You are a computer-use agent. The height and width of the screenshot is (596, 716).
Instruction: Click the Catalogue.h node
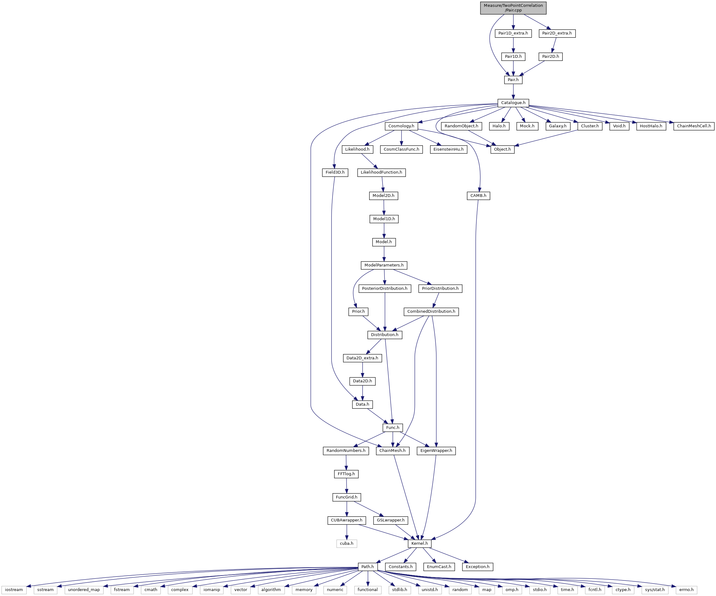(513, 103)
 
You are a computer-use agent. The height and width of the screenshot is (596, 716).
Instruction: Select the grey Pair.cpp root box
(513, 8)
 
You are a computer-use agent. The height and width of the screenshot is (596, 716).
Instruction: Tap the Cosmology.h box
(401, 126)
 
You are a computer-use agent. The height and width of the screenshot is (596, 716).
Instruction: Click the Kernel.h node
(419, 544)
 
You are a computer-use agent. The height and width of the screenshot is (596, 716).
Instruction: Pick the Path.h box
(368, 567)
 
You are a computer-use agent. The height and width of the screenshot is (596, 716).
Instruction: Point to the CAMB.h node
(478, 196)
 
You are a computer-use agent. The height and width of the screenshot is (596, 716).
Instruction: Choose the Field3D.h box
(335, 172)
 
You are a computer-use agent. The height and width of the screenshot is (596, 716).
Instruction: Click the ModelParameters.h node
(384, 265)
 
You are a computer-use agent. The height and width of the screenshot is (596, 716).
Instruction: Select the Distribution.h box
(385, 334)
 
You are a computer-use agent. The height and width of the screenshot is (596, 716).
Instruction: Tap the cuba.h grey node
(347, 544)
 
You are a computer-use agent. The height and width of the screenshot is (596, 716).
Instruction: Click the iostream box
(14, 590)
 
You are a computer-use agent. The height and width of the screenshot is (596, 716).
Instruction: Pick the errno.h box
(686, 590)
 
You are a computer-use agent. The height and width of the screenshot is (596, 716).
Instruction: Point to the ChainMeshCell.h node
(694, 126)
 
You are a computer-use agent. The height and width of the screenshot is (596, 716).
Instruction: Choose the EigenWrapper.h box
(436, 450)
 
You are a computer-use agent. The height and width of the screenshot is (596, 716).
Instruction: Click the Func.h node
(393, 427)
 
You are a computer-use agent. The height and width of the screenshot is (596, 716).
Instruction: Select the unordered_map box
(84, 590)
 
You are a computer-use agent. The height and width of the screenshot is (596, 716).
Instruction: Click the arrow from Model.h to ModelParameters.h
(384, 253)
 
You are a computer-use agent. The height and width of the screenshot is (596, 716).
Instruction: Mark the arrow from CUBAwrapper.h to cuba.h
(347, 532)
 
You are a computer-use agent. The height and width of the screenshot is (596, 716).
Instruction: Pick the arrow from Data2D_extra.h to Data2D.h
(362, 369)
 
